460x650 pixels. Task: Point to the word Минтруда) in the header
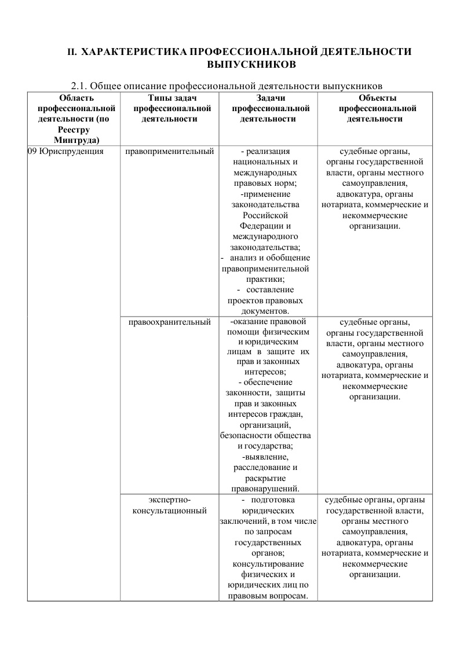[75, 139]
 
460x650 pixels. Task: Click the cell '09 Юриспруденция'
[65, 152]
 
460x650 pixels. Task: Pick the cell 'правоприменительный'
[169, 152]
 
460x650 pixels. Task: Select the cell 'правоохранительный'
[169, 322]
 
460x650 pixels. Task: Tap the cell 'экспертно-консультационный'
[169, 505]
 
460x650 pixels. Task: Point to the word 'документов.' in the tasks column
[265, 311]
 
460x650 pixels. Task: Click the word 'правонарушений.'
[265, 489]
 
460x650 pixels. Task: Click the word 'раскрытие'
[265, 478]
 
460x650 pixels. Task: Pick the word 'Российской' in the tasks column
[265, 215]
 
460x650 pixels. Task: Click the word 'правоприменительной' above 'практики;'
[265, 269]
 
